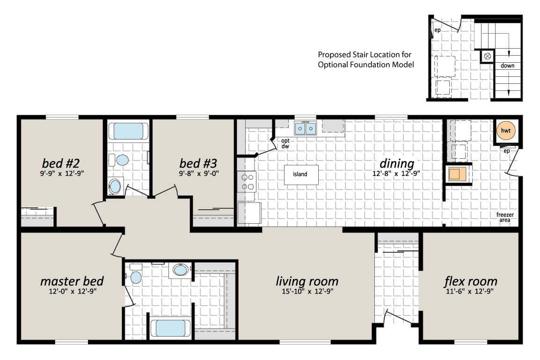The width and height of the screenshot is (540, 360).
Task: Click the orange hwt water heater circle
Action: point(506,130)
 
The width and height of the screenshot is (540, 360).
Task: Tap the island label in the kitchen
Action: point(300,174)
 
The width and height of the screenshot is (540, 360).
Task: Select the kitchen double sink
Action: point(305,128)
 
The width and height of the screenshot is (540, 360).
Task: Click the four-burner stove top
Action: point(247,182)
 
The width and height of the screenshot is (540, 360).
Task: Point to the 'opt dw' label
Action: point(285,143)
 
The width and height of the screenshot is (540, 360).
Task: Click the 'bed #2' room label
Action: point(61,163)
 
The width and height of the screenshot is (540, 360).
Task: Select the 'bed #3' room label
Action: point(198,163)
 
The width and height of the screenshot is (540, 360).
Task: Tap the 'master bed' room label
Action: point(72,281)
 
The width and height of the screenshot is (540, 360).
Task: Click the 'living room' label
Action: point(307,281)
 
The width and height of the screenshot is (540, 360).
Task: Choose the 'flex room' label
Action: point(471,281)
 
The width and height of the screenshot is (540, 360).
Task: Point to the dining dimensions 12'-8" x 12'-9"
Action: point(396,173)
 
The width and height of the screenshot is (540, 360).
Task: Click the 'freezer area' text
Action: point(505,217)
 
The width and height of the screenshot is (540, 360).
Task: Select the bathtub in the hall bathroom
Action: point(128,131)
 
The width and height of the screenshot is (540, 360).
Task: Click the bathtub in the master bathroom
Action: point(170,328)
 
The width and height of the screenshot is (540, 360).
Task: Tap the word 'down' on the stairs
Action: point(508,66)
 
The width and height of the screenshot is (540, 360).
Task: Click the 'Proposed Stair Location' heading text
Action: point(365,54)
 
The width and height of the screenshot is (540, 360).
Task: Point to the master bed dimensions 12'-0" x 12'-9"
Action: point(73,292)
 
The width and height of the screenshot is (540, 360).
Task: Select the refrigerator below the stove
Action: point(249,213)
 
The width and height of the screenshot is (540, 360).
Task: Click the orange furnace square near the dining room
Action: point(457,174)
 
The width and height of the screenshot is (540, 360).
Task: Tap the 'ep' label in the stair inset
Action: point(438,30)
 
